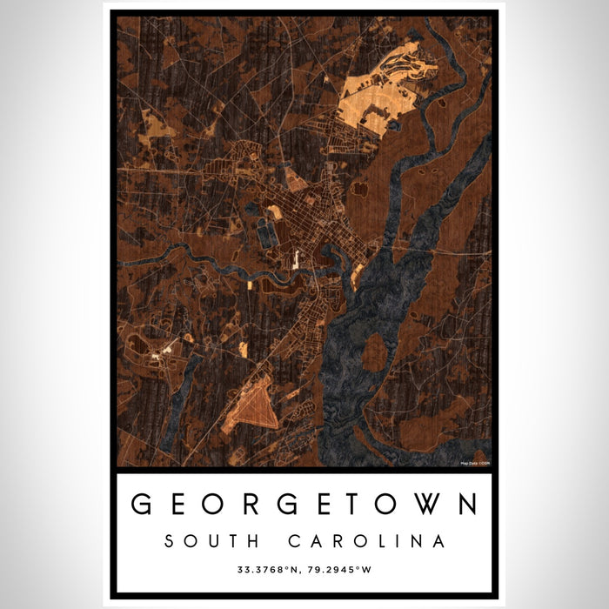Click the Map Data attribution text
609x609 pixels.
pyautogui.click(x=474, y=462)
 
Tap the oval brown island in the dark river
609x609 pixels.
pyautogui.click(x=374, y=352)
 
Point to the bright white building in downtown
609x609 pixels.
pyautogui.click(x=296, y=258)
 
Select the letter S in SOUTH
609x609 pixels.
pyautogui.click(x=170, y=541)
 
